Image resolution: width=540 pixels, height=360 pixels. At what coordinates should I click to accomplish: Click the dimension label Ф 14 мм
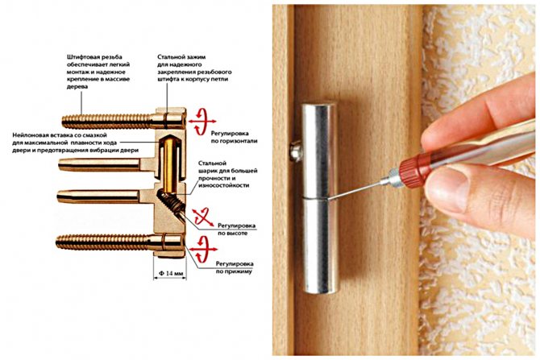[x=170, y=273]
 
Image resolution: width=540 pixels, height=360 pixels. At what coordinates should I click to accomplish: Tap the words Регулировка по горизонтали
[x=235, y=137]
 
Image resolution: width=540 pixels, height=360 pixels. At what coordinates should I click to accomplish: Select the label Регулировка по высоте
[x=236, y=230]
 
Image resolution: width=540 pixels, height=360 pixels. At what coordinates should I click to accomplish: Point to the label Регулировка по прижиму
[x=235, y=267]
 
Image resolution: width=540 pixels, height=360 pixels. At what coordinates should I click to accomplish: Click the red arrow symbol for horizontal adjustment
[x=202, y=122]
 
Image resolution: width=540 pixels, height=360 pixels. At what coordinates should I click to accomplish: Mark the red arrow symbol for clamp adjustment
[x=204, y=249]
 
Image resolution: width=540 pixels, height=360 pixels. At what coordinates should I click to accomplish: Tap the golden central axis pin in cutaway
[x=168, y=164]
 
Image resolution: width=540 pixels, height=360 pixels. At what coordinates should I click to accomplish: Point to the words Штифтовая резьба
[x=95, y=57]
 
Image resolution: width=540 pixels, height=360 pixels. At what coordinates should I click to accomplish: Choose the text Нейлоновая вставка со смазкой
[x=60, y=135]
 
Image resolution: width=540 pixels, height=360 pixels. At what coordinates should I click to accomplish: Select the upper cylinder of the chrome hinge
[x=319, y=150]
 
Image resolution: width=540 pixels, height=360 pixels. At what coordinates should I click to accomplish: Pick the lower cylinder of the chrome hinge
[x=320, y=246]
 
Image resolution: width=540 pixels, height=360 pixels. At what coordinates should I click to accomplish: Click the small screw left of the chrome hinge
[x=296, y=151]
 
